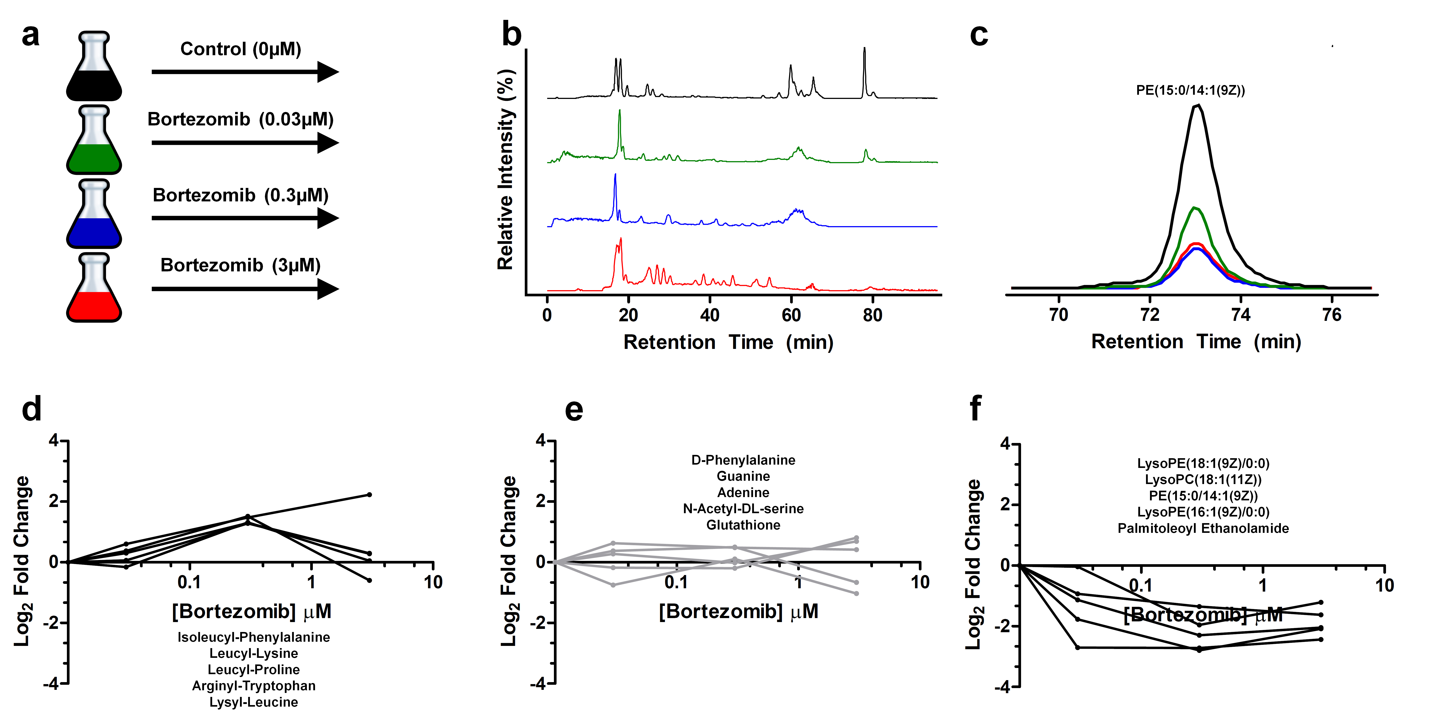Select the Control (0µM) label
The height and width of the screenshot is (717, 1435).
pyautogui.click(x=241, y=49)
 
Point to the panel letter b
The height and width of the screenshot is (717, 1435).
pyautogui.click(x=511, y=34)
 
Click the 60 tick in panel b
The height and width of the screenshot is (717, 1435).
pyautogui.click(x=791, y=315)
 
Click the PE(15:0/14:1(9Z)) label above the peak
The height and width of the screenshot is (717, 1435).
pyautogui.click(x=1190, y=90)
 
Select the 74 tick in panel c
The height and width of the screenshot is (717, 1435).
pyautogui.click(x=1241, y=315)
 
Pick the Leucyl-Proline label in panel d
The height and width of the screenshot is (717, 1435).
pyautogui.click(x=253, y=670)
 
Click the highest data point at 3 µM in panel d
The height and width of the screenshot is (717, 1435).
pyautogui.click(x=369, y=495)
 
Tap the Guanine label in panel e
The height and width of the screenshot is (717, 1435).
pyautogui.click(x=743, y=476)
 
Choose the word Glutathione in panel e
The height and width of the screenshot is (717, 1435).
pyautogui.click(x=743, y=525)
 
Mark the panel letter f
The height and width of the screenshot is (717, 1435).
pyautogui.click(x=975, y=409)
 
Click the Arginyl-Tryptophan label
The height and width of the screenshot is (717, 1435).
pyautogui.click(x=253, y=686)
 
